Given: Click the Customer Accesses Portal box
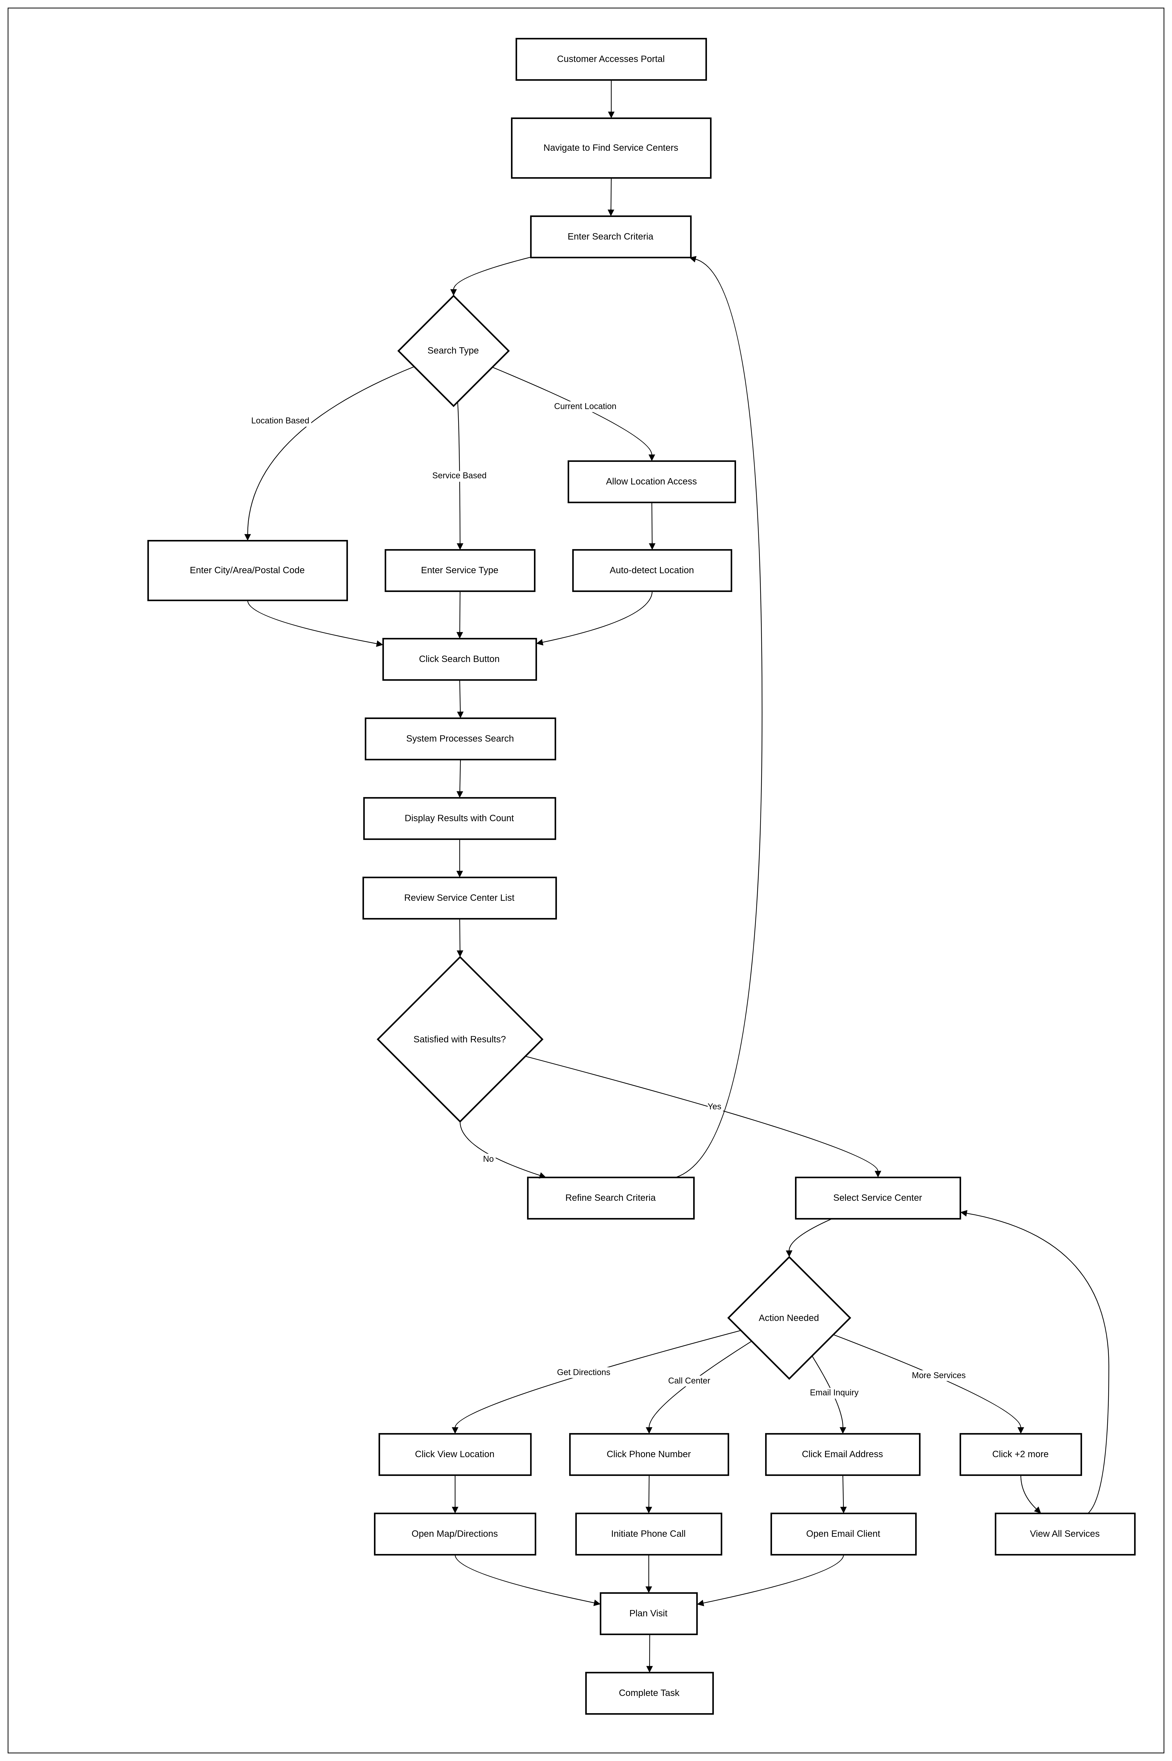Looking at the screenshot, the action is click(611, 59).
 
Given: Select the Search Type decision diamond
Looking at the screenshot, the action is click(453, 350).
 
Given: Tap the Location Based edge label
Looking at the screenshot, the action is click(280, 421).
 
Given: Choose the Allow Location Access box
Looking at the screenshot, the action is click(651, 481).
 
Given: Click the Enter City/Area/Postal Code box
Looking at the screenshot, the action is click(247, 570).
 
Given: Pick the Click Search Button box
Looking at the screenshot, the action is click(459, 659).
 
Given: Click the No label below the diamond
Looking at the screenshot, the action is click(488, 1159).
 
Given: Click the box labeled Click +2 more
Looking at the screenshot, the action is click(1020, 1454).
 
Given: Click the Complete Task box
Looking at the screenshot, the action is click(649, 1693).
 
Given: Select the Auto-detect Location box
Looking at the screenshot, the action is click(652, 570).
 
